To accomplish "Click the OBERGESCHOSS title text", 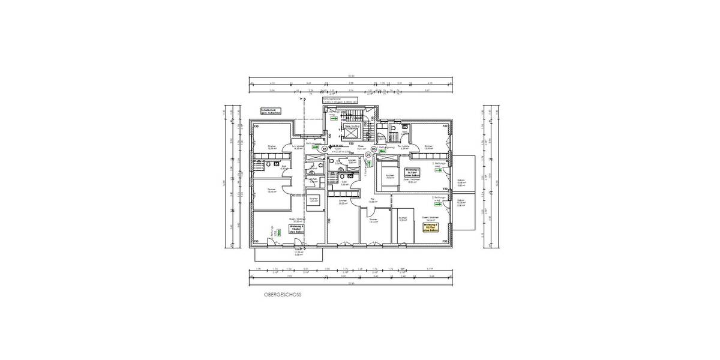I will coord(282,295).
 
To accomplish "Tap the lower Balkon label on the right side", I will coord(461,203).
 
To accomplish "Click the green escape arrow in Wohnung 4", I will coord(439,171).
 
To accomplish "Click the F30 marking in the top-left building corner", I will coord(255,127).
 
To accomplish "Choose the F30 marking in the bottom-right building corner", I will coord(445,241).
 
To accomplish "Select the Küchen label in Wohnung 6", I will coord(313,200).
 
